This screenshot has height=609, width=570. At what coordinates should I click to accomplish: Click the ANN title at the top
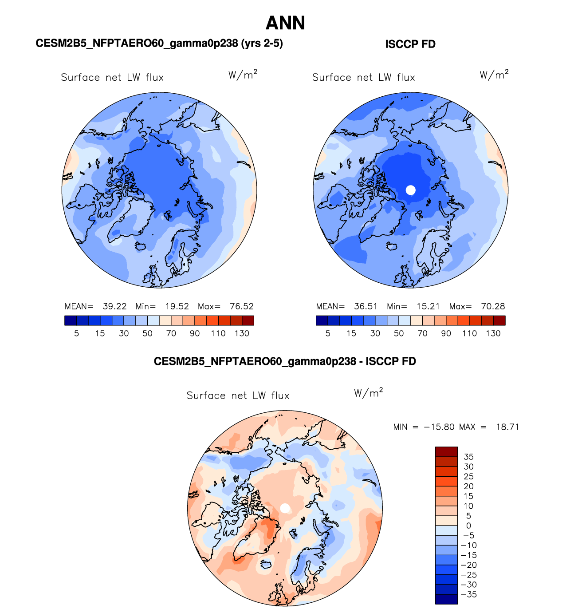pos(285,23)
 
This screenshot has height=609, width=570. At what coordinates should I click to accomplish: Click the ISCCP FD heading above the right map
pos(410,44)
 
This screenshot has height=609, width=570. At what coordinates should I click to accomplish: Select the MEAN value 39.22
pos(114,307)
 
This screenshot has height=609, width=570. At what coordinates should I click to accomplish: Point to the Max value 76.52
pos(242,307)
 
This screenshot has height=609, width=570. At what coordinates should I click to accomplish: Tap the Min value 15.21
pos(428,307)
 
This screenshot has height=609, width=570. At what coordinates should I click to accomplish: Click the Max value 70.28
pos(493,307)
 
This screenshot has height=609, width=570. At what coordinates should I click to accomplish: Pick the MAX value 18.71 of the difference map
pos(507,427)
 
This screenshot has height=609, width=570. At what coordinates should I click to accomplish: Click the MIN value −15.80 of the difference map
pos(439,427)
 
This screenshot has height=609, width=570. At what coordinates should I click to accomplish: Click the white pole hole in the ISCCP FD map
pos(411,190)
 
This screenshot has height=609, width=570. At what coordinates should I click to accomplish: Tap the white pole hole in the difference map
pos(285,508)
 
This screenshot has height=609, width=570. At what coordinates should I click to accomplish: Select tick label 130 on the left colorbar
pos(242,334)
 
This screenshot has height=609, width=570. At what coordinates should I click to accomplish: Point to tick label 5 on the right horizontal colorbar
pos(328,334)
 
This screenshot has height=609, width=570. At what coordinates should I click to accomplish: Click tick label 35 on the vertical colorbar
pos(468,457)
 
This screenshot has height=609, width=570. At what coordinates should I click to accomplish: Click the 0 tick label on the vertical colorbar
pos(468,526)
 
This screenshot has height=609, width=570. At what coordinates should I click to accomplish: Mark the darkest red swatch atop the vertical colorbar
pos(446,451)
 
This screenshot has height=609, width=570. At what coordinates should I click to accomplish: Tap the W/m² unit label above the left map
pos(243,75)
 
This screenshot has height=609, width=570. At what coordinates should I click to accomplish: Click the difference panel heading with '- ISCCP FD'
pos(285,361)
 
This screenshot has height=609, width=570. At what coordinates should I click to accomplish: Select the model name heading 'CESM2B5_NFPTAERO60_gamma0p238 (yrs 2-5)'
pos(159,43)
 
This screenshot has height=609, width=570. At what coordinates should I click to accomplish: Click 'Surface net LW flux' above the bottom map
pos(238,396)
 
